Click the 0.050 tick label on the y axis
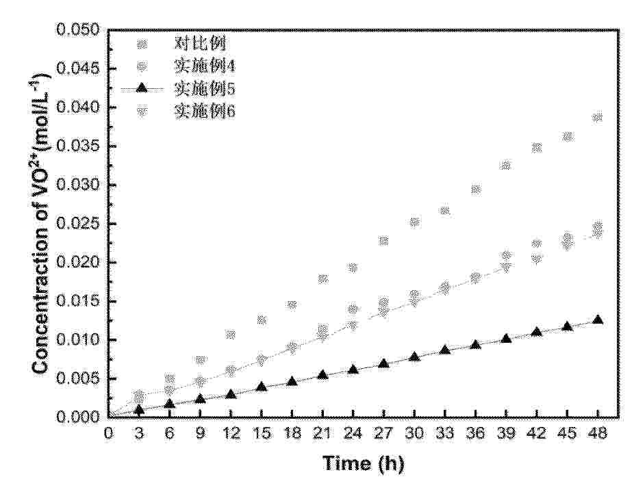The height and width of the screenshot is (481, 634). coord(81,31)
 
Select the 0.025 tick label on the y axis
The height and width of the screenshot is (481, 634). coord(81,224)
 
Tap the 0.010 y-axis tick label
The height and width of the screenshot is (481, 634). coord(81,340)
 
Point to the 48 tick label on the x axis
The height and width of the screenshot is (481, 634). coord(598,433)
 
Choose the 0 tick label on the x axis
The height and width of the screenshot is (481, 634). coord(108,433)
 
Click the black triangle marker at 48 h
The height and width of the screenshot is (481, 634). coord(598,320)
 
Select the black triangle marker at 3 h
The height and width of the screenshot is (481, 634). coord(139,410)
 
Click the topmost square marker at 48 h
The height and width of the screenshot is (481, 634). coord(598,118)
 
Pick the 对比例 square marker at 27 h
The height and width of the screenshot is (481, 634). coord(383,241)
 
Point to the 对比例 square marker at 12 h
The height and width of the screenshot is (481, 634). coord(231,335)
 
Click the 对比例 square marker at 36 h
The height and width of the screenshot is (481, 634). coord(476,190)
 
